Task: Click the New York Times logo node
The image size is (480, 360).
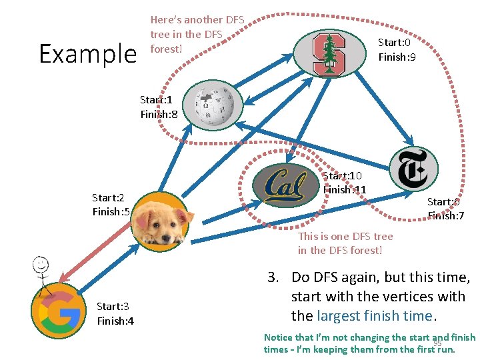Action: click(413, 169)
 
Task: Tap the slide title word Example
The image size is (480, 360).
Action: click(87, 53)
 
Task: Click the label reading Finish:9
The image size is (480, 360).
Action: click(397, 57)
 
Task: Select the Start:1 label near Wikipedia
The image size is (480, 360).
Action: click(157, 99)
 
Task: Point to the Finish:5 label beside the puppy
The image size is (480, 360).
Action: click(111, 212)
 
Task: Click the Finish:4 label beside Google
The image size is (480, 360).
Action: click(115, 321)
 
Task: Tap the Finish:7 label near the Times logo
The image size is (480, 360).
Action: click(446, 215)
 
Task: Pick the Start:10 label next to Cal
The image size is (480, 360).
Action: click(342, 175)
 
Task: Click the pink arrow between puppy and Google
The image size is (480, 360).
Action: click(93, 249)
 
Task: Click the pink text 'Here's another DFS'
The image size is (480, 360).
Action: click(197, 20)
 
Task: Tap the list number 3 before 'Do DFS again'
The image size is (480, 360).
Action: click(272, 278)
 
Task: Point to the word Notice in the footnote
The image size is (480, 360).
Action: click(278, 337)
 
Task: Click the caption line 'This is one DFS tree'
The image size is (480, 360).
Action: click(345, 236)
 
